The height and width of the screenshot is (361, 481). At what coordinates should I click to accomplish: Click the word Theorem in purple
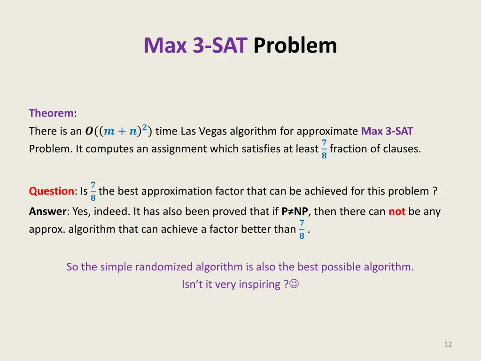(51, 113)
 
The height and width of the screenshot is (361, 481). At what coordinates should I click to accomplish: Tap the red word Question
(51, 191)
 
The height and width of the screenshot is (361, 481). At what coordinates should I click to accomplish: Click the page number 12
(448, 345)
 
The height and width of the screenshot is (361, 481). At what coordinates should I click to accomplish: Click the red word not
(397, 212)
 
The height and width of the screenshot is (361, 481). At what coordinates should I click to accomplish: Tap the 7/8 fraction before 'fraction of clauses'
(324, 149)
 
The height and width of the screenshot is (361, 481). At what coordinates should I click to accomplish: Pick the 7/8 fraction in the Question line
(93, 191)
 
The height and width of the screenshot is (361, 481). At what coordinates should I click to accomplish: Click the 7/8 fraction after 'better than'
(302, 229)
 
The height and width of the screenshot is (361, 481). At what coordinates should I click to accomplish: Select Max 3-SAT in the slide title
(195, 46)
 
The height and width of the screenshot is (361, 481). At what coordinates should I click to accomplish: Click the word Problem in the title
(295, 46)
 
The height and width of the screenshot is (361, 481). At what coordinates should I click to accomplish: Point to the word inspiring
(260, 285)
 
